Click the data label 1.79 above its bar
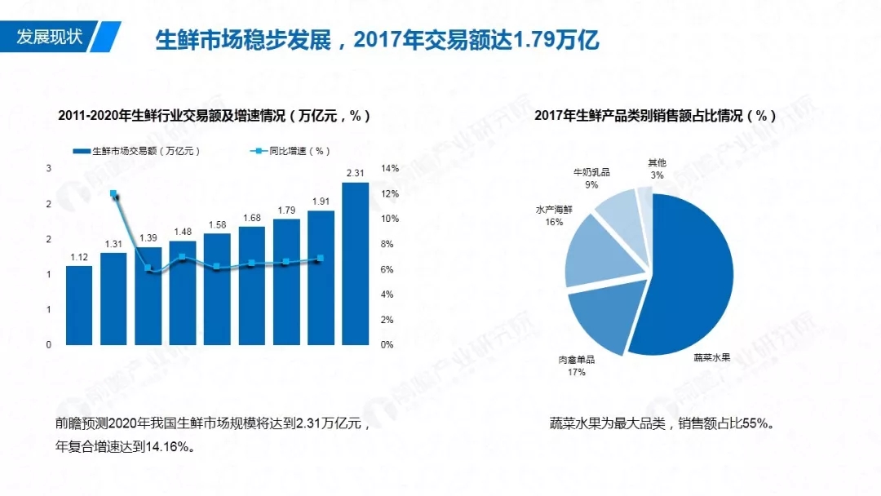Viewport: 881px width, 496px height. pyautogui.click(x=286, y=210)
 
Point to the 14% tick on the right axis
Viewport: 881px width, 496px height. pyautogui.click(x=390, y=169)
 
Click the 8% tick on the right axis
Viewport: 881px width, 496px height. pyautogui.click(x=387, y=244)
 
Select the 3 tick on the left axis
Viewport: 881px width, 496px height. pyautogui.click(x=49, y=169)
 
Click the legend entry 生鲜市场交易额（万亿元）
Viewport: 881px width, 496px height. pyautogui.click(x=136, y=151)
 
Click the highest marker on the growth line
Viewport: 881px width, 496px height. pyautogui.click(x=113, y=194)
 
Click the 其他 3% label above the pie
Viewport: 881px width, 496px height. pyautogui.click(x=657, y=169)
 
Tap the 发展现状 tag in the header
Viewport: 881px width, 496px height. pyautogui.click(x=51, y=38)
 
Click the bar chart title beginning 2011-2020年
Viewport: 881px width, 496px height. pyautogui.click(x=215, y=116)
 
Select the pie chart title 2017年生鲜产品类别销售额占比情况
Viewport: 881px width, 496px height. pyautogui.click(x=655, y=116)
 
